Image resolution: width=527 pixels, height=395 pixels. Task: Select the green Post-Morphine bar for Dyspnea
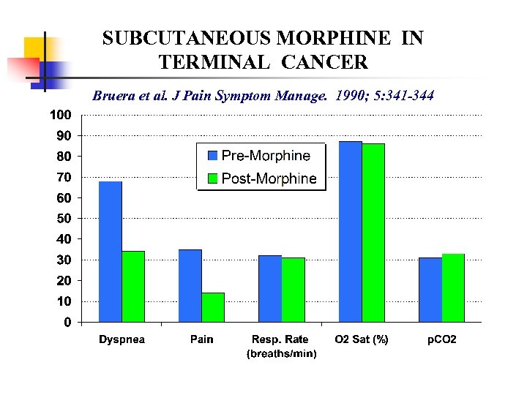pos(133,286)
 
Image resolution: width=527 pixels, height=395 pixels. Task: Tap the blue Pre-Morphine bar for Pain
pos(190,285)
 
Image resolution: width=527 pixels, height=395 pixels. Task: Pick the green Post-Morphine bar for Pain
pos(213,307)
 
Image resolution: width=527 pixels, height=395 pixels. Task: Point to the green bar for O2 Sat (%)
pos(373,233)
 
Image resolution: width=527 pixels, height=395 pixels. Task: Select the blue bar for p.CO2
pos(430,289)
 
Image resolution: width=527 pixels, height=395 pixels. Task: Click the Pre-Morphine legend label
pos(266,155)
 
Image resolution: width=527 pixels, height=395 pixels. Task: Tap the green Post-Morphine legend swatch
pos(213,178)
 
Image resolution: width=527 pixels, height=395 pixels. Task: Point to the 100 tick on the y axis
pos(60,115)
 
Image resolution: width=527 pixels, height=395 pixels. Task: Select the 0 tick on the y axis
pos(67,322)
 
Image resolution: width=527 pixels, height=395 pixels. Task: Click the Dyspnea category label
pos(122,339)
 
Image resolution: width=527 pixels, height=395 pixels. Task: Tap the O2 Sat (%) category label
pos(362,339)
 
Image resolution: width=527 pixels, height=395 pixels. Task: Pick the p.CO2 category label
pos(441,339)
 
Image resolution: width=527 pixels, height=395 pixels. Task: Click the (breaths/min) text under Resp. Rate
pos(282,353)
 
